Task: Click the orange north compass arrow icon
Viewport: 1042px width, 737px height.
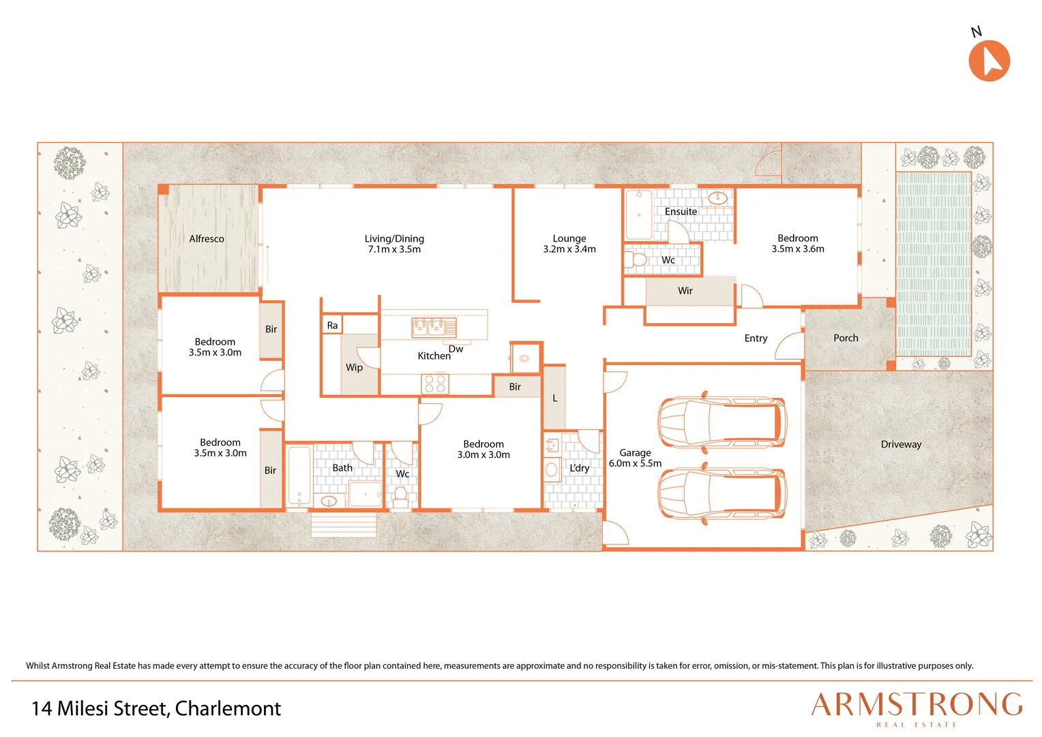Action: tap(989, 61)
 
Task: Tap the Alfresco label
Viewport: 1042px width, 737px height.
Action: tap(207, 239)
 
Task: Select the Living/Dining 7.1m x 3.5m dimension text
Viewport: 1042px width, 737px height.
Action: tap(394, 249)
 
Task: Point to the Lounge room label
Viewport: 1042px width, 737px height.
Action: tap(569, 238)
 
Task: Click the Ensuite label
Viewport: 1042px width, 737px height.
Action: tap(681, 212)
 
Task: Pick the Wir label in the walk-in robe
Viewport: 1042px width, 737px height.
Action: tap(685, 291)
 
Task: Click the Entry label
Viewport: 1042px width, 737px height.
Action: tap(756, 338)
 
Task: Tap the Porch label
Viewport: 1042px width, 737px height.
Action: tap(846, 338)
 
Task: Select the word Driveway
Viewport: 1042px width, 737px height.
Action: tap(901, 444)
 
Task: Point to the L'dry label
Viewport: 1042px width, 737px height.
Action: tap(580, 468)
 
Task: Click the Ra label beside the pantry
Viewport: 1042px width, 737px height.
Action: tap(332, 326)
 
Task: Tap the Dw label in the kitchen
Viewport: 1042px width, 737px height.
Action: tap(456, 349)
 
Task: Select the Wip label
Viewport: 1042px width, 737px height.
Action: tap(354, 367)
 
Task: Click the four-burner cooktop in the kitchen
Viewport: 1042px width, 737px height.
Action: tap(435, 384)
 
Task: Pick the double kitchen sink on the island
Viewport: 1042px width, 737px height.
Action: tap(434, 328)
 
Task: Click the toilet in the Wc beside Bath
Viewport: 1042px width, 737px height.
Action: tap(400, 497)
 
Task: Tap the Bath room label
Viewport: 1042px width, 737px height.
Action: tap(342, 468)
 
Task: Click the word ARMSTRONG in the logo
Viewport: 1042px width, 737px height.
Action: tap(917, 706)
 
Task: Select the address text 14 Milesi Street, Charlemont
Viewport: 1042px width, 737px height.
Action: tap(156, 708)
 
